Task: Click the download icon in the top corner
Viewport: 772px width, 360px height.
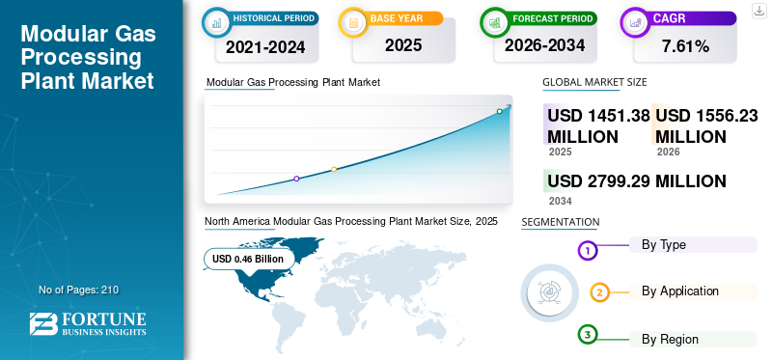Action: (x=758, y=11)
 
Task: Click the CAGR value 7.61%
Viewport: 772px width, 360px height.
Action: (x=685, y=46)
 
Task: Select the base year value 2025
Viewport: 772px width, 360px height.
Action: (x=403, y=45)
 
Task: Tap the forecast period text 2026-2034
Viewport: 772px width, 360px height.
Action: (x=544, y=45)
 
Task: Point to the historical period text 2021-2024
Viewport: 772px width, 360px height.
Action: (x=265, y=47)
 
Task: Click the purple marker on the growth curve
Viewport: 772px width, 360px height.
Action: (x=296, y=179)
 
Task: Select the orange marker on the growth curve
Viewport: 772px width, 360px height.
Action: (x=334, y=170)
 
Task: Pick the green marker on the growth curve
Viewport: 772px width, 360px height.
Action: (x=499, y=111)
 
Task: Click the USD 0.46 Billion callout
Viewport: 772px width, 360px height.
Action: (x=248, y=259)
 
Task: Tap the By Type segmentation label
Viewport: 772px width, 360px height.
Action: (x=663, y=245)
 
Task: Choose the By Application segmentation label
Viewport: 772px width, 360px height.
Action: (x=680, y=291)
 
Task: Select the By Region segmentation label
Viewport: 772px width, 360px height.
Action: (x=670, y=340)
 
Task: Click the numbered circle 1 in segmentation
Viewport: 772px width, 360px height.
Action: (x=587, y=251)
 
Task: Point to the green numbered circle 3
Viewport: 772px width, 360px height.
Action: (x=587, y=335)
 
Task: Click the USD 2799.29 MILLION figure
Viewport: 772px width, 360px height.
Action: (x=637, y=181)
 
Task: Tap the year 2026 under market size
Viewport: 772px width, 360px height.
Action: (x=668, y=152)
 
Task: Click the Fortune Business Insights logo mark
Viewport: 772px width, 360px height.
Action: (x=43, y=324)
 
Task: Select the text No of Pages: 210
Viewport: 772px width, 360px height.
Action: (x=79, y=291)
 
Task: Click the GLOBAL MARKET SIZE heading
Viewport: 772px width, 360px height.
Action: (x=594, y=82)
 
